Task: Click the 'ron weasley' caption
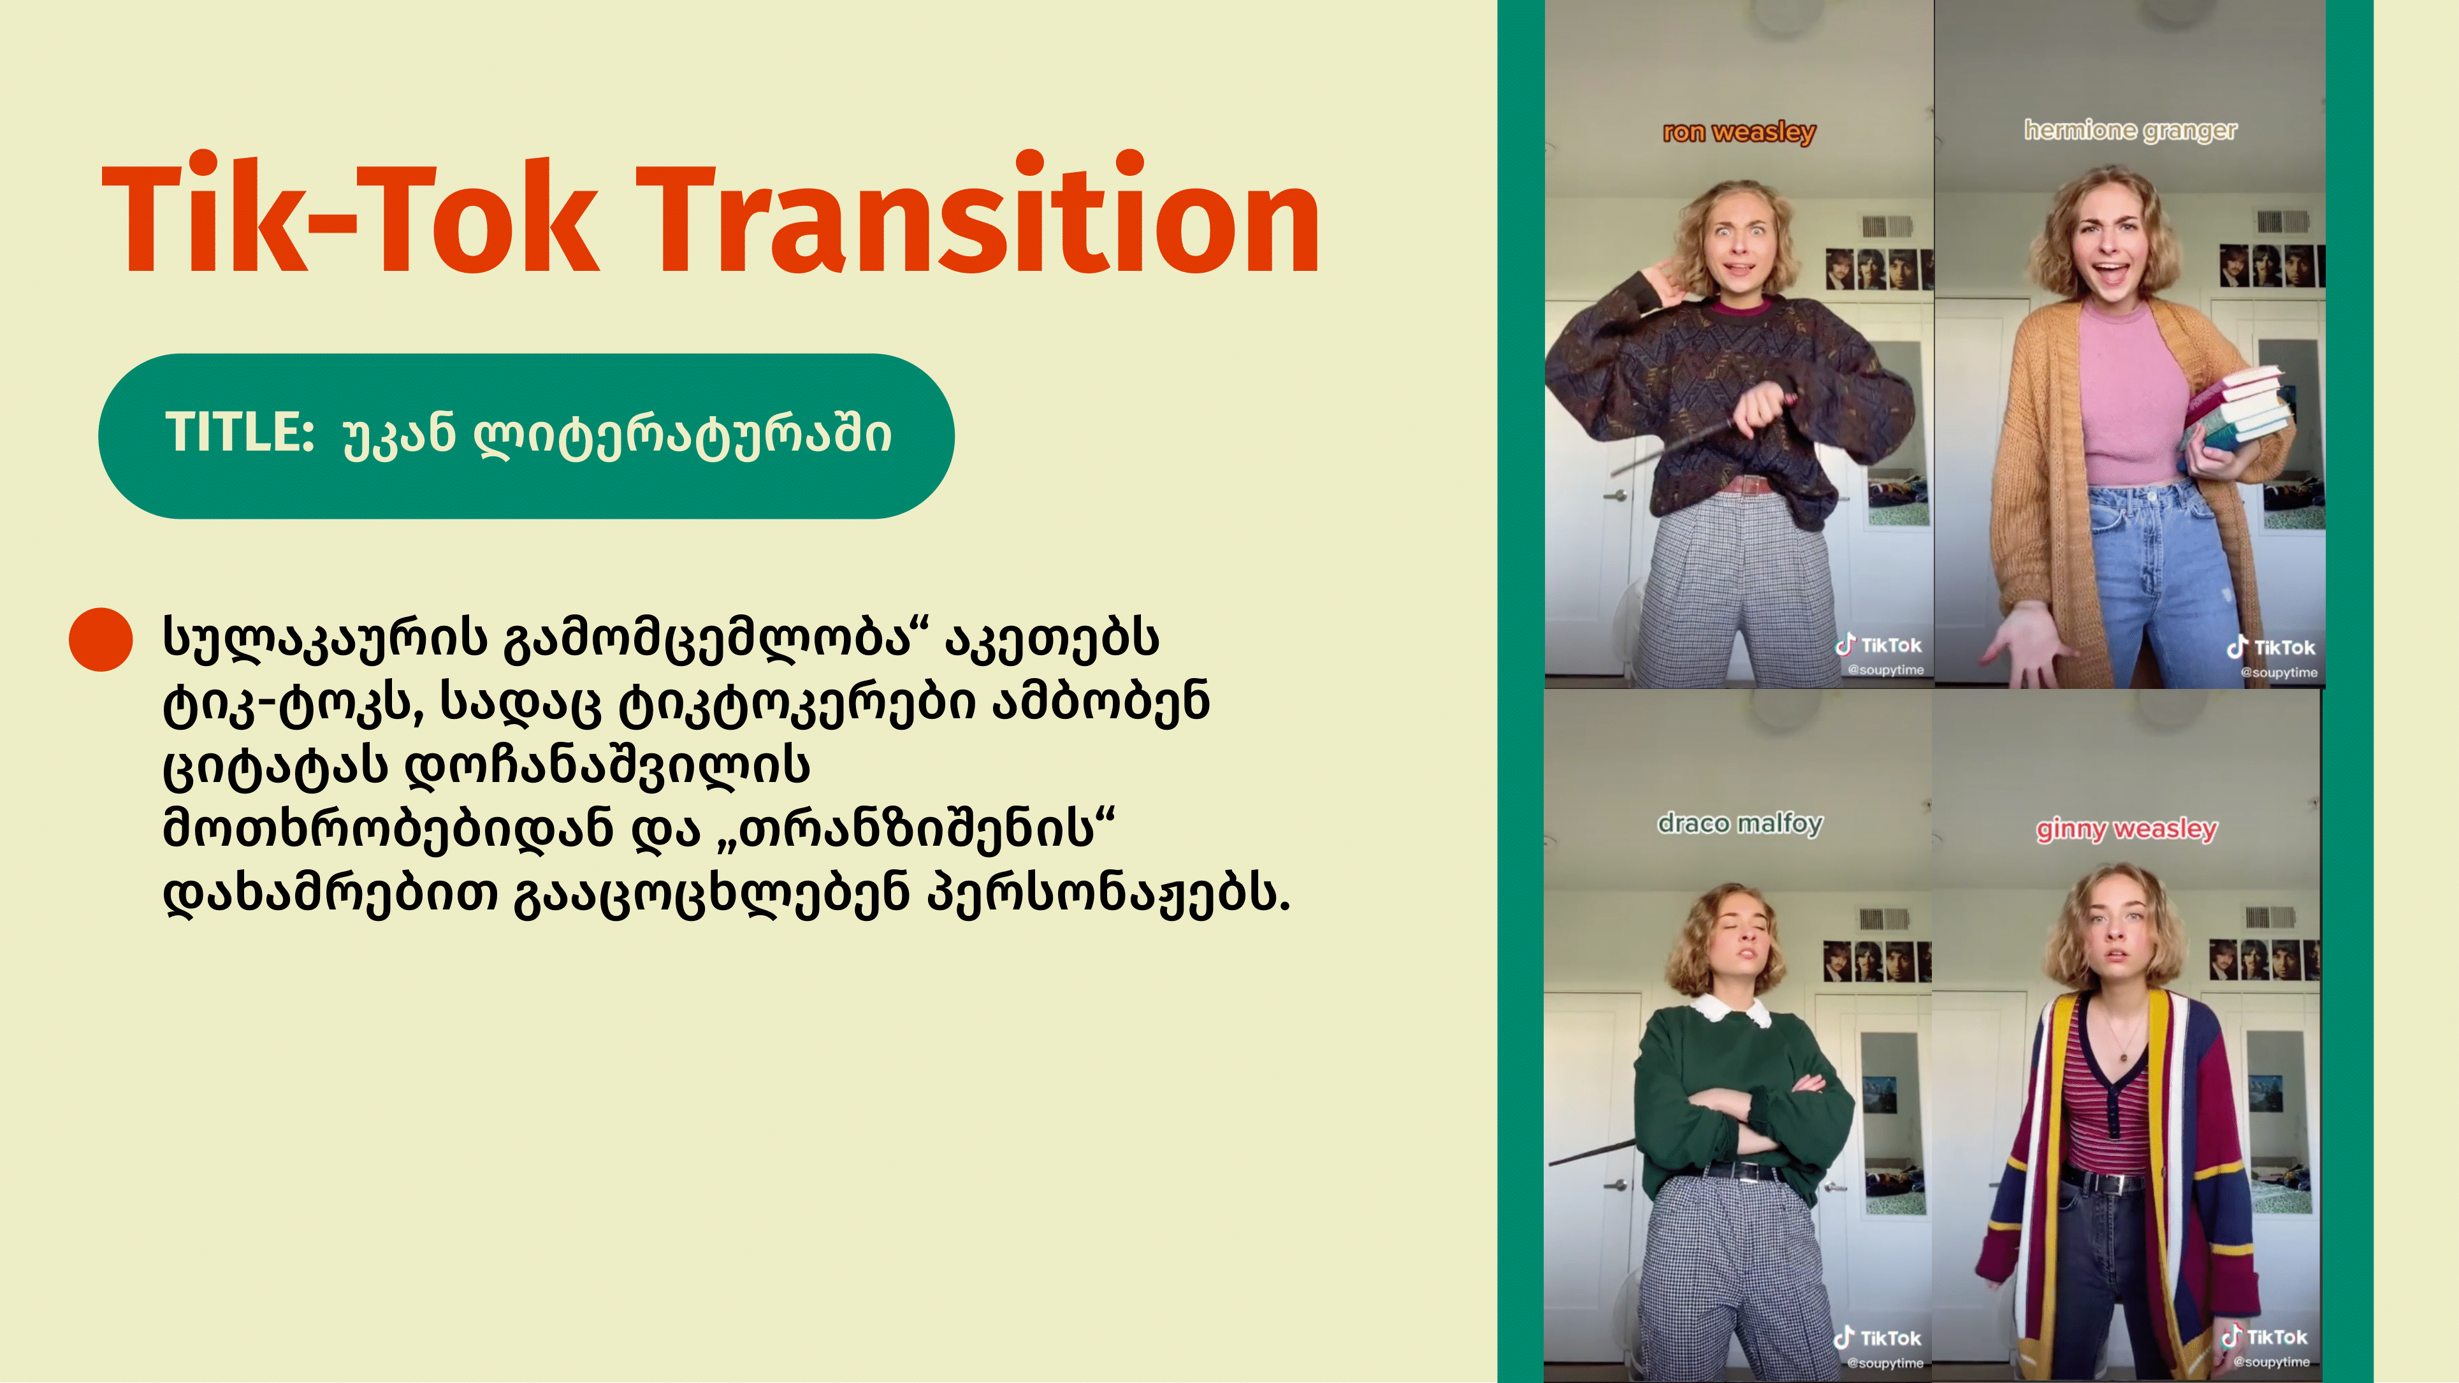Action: pos(1739,132)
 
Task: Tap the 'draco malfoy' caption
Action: pos(1740,823)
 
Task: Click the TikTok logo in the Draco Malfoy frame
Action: pos(1878,1338)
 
